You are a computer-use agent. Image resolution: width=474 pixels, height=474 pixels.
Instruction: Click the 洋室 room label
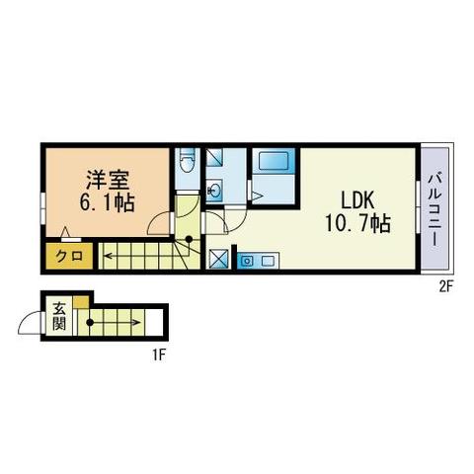[x=108, y=180]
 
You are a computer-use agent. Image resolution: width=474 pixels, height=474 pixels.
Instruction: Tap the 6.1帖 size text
[x=108, y=202]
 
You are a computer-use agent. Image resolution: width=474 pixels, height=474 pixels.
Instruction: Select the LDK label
[x=357, y=200]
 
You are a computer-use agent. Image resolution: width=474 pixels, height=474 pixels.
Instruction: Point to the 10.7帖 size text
[x=357, y=223]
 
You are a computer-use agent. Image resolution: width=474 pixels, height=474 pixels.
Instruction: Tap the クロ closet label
[x=69, y=256]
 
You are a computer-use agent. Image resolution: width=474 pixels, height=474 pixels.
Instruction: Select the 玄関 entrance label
[x=59, y=317]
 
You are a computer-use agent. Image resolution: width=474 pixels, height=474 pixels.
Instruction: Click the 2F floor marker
[x=446, y=288]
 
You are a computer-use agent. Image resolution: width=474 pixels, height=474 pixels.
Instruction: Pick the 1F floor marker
[x=158, y=355]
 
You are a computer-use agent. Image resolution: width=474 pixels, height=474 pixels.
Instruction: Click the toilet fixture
[x=188, y=160]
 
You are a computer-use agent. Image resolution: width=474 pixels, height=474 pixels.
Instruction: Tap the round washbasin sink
[x=214, y=191]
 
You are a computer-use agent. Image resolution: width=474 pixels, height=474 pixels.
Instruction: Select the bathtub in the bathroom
[x=274, y=161]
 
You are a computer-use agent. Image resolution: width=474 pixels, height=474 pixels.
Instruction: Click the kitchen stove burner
[x=246, y=262]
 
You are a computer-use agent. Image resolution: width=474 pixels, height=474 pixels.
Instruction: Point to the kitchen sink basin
[x=268, y=262]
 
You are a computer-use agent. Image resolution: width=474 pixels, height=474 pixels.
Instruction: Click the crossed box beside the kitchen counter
[x=219, y=259]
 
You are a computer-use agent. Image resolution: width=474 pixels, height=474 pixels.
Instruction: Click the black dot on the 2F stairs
[x=189, y=239]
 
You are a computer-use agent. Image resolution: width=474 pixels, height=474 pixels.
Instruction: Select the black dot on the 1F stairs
[x=90, y=323]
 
